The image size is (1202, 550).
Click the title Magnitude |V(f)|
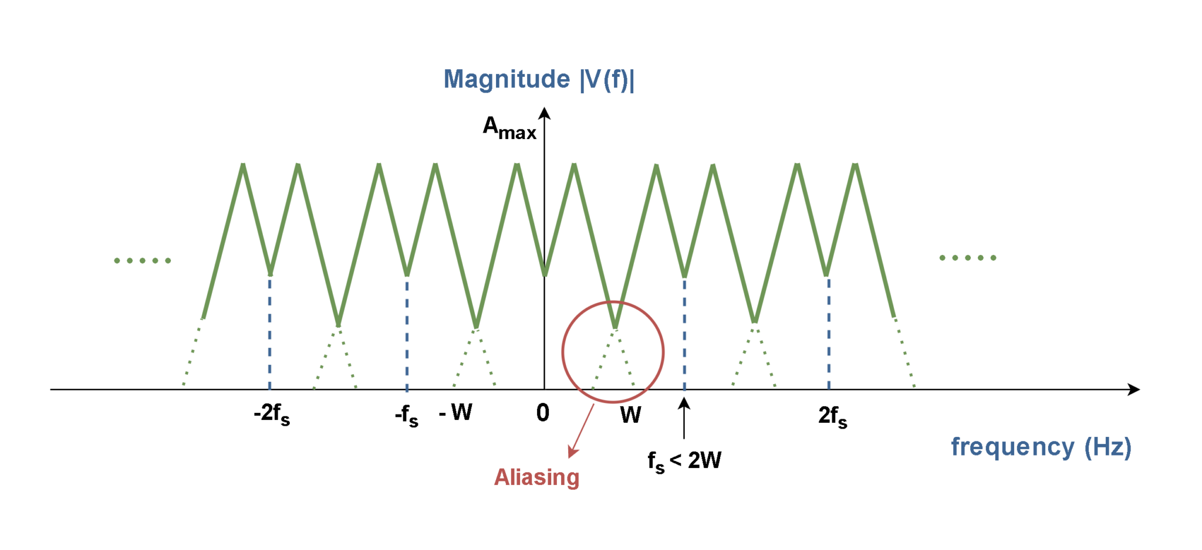pos(539,80)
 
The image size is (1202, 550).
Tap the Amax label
pos(509,127)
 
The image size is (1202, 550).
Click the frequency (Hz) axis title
pos(1041,447)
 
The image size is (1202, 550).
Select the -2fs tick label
pos(272,414)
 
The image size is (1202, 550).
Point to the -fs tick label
pos(406,416)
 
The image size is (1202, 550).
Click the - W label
pos(455,412)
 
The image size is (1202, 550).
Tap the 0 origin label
pos(543,413)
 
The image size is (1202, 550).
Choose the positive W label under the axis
pos(631,415)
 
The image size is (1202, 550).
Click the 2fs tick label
pos(833,416)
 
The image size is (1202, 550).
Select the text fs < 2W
pos(684,461)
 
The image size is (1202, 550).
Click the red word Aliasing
pos(536,477)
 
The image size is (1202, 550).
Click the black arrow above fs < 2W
pos(684,418)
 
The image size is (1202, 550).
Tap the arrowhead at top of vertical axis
pos(545,113)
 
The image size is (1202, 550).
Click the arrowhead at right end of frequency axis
pos(1134,389)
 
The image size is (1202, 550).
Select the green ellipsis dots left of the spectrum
pos(143,260)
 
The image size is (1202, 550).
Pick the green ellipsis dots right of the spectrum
pos(968,258)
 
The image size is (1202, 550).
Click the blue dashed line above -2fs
pos(270,332)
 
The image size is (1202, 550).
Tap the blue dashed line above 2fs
pos(829,333)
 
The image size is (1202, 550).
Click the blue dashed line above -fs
pos(407,332)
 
